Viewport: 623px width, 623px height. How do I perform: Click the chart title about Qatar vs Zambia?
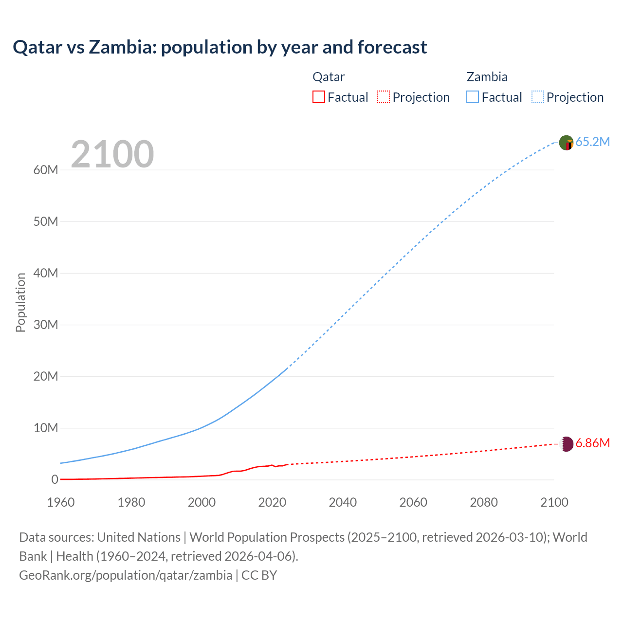(x=220, y=47)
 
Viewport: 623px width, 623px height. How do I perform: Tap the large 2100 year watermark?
(x=112, y=154)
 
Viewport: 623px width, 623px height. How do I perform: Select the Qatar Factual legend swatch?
(x=318, y=97)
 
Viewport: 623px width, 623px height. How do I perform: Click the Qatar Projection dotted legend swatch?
(x=384, y=97)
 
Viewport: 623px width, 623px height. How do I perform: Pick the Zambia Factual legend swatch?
(x=473, y=97)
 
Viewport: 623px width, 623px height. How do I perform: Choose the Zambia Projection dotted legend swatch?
(x=538, y=97)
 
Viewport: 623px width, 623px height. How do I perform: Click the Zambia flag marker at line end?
(x=566, y=143)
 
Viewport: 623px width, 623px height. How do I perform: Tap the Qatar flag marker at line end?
(x=567, y=444)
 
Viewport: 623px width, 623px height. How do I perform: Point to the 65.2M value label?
(x=592, y=142)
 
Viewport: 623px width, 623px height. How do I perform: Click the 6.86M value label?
(x=592, y=443)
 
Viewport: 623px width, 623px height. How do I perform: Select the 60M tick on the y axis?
(x=46, y=170)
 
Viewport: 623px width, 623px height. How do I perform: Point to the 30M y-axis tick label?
(x=46, y=325)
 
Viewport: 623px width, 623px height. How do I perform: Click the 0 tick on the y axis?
(x=55, y=479)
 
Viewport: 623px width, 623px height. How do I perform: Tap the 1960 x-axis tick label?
(x=61, y=502)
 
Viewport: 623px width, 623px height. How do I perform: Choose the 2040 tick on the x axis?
(x=343, y=502)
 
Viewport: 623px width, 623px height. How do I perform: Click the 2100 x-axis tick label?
(x=554, y=502)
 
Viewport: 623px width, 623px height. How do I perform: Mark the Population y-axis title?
(x=20, y=302)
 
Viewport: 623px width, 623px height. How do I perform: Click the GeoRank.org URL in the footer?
(x=126, y=575)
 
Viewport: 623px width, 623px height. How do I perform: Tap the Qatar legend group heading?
(x=329, y=77)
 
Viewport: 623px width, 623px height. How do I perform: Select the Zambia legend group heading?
(x=487, y=77)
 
